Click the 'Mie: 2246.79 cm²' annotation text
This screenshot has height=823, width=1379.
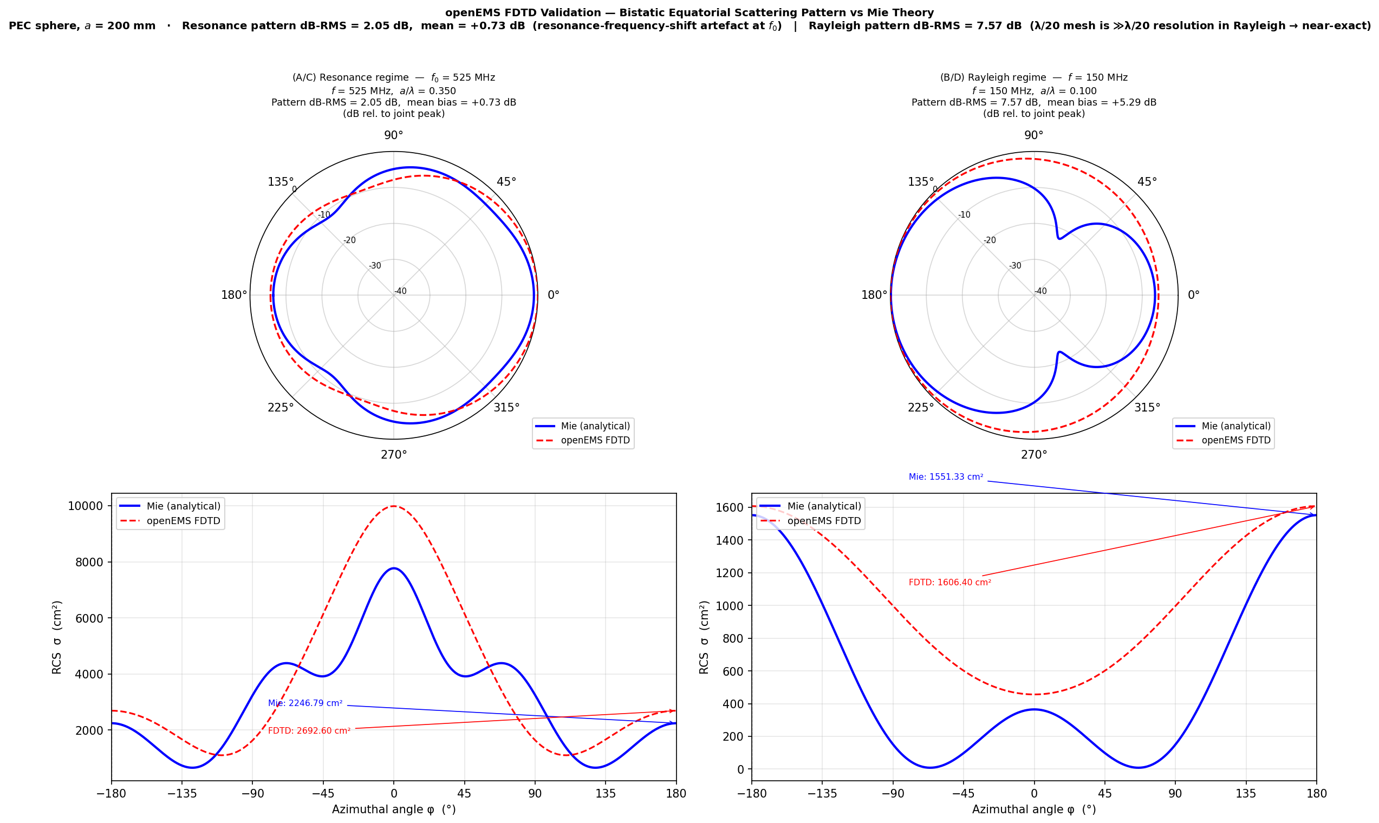305,703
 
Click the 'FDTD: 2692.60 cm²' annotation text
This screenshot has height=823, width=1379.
309,731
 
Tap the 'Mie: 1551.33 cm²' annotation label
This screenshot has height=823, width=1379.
946,477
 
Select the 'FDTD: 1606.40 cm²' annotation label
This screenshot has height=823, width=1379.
949,583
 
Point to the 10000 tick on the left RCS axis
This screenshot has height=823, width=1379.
86,506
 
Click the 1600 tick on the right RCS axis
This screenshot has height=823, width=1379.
730,507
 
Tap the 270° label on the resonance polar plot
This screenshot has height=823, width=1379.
394,455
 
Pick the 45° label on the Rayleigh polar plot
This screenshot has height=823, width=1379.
1147,182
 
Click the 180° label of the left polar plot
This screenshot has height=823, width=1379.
234,295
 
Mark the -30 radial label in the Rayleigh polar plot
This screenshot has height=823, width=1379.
1014,266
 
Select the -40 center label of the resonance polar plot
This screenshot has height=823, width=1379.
400,291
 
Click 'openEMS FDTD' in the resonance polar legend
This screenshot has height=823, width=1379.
595,440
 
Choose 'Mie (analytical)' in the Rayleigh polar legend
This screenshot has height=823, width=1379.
1236,426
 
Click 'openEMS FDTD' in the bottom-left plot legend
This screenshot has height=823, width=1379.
183,521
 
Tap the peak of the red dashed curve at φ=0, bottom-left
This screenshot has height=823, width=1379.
394,506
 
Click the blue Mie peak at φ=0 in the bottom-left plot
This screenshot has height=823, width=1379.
394,568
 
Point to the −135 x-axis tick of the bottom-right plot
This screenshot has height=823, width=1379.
822,794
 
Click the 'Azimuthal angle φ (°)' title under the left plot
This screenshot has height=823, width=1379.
394,809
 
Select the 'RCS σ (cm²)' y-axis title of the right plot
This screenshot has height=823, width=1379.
704,637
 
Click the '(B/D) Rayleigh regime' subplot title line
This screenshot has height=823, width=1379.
1033,77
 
